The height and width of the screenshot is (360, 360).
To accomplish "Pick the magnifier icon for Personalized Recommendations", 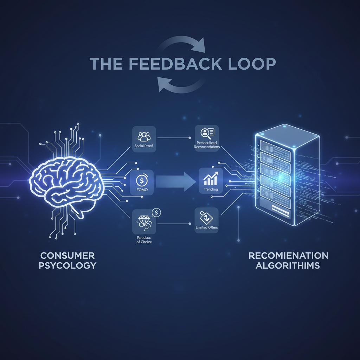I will tap(206, 133).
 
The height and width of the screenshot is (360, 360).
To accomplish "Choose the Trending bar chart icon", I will tap(210, 178).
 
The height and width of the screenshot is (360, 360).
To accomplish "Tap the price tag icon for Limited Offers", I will tap(206, 216).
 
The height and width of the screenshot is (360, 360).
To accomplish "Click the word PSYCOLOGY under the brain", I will tap(67, 265).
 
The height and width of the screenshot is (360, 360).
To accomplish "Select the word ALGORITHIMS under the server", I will tap(288, 265).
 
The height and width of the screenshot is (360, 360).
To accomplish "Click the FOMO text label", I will tap(144, 190).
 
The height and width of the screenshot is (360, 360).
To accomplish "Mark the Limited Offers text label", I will tap(207, 227).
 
